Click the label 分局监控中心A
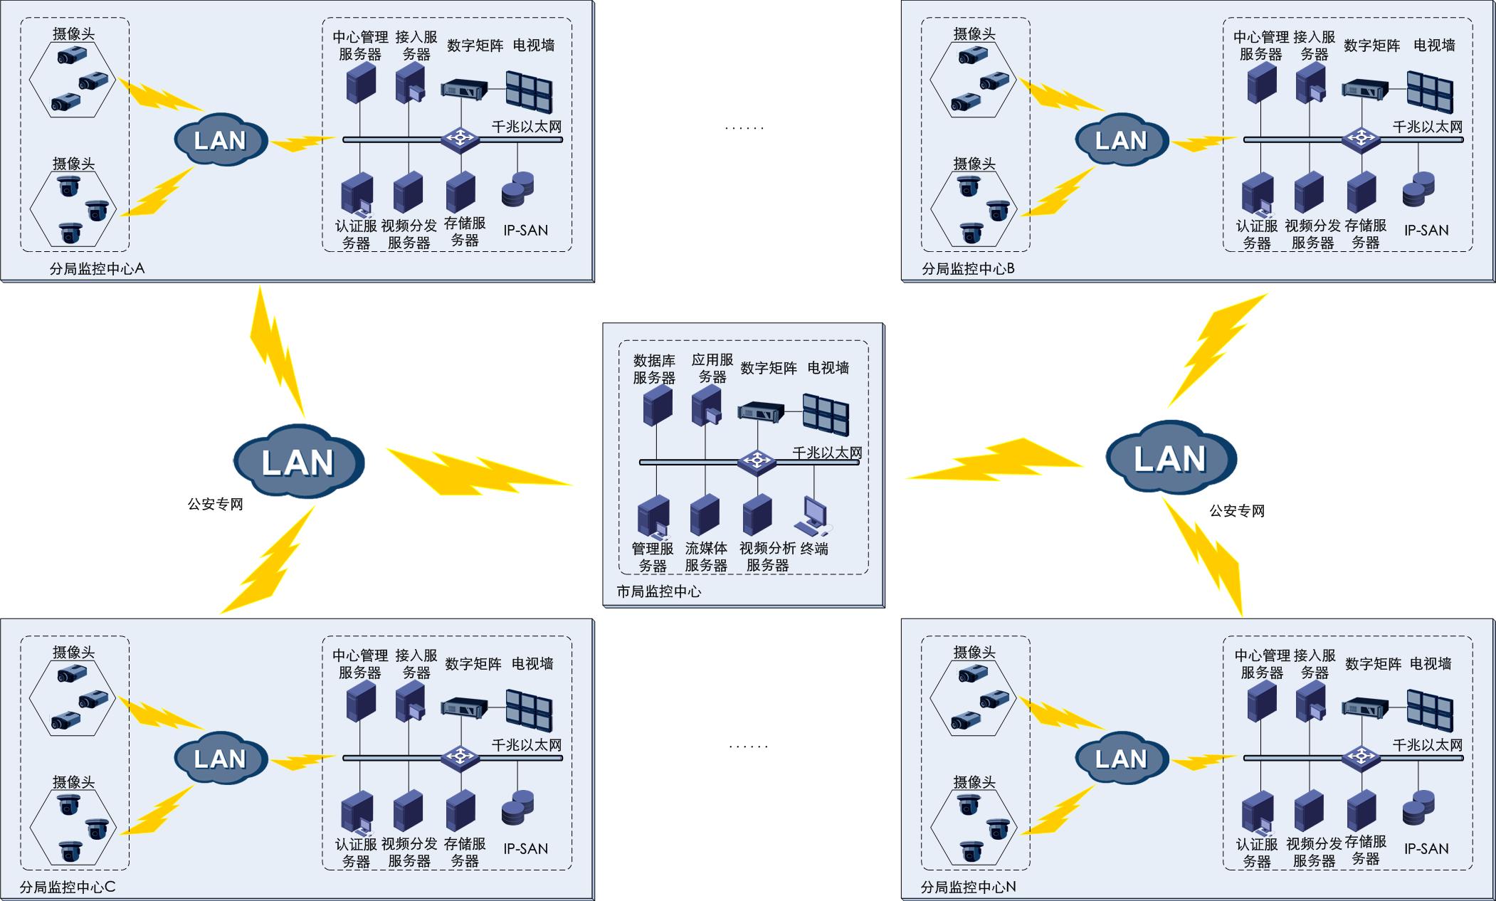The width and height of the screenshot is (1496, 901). coord(97,269)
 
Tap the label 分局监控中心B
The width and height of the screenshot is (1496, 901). coord(968,269)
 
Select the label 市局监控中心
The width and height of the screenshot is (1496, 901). coord(658,591)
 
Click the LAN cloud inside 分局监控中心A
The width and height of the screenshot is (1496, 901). coord(221,139)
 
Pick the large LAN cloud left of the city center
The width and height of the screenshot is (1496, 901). coord(299,461)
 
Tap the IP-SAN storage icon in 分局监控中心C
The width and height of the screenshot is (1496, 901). coord(517,808)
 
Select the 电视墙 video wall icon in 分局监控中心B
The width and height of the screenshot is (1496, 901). coord(1430,91)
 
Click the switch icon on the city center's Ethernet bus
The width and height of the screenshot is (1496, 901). coord(757,461)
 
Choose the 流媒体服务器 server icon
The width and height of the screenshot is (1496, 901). coord(705,515)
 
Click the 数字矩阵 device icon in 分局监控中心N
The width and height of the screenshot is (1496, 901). coord(1364,706)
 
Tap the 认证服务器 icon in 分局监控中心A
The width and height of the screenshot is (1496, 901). coord(357,194)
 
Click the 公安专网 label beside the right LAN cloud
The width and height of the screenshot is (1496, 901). coord(1237,510)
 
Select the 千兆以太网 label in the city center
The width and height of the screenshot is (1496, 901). coord(827,453)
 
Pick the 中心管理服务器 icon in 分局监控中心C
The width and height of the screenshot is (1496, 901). coord(361,702)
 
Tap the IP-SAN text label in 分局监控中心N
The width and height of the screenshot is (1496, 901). coord(1426,848)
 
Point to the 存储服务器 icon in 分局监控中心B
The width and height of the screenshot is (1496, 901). coord(1361,192)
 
